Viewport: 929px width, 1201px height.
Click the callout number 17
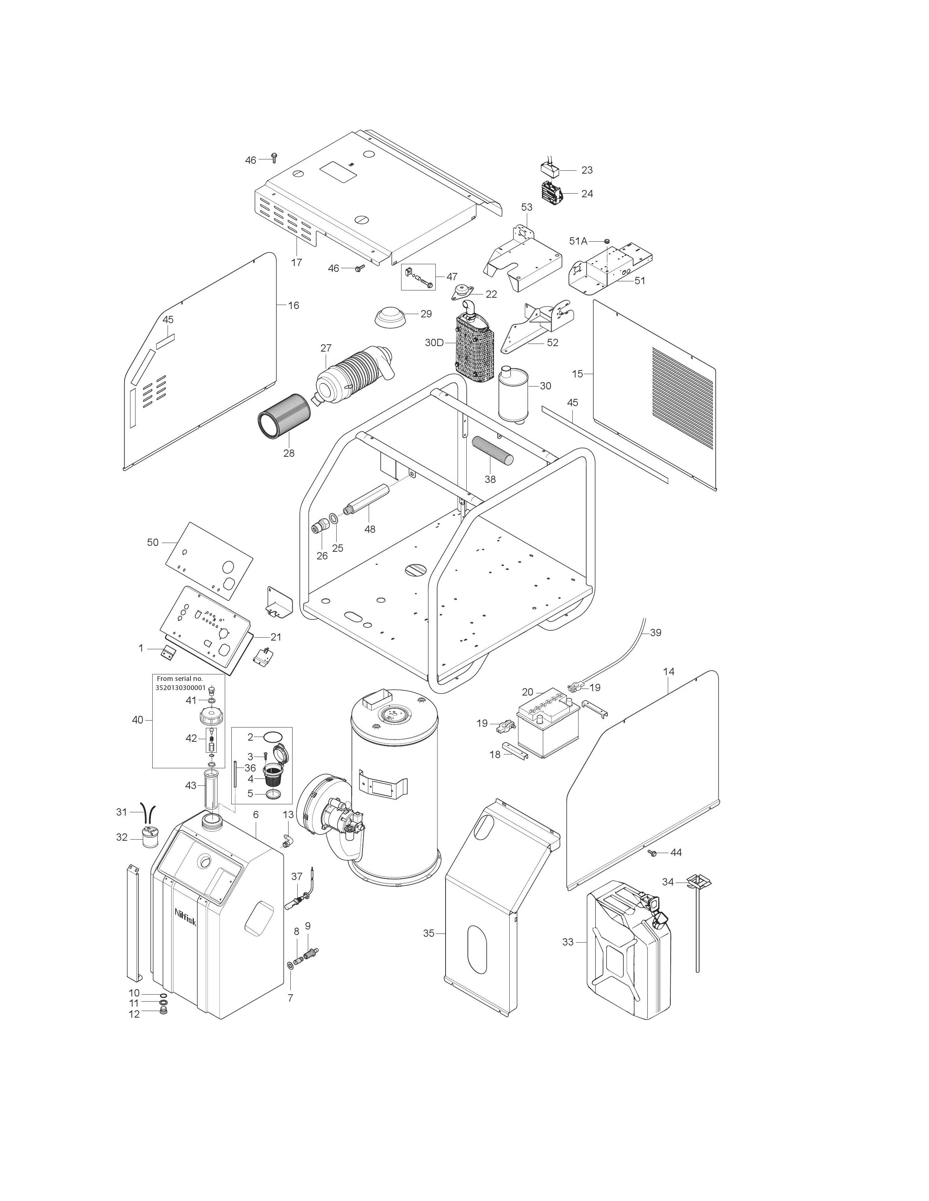[x=297, y=263]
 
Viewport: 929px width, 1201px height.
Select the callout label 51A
[x=578, y=241]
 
